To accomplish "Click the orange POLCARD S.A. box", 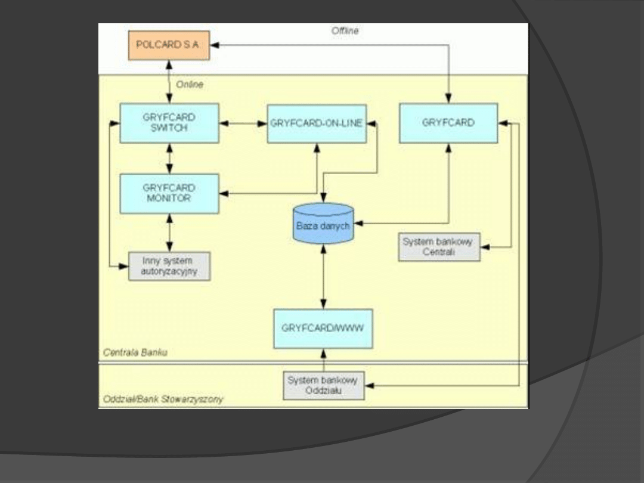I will pos(169,45).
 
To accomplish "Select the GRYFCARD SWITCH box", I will pos(169,123).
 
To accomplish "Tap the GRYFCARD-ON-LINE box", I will pos(317,123).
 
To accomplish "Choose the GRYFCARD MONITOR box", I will pos(169,193).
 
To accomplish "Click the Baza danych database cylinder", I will pos(323,224).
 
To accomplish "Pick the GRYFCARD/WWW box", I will pos(323,328).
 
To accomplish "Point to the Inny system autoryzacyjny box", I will pos(169,266).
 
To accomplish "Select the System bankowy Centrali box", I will pos(439,247).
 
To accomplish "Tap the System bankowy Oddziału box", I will pos(323,385).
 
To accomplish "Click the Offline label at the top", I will pos(345,30).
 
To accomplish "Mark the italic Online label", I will pos(190,85).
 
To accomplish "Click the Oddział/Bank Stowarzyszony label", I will pos(163,400).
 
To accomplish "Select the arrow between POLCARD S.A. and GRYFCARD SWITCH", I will pos(169,81).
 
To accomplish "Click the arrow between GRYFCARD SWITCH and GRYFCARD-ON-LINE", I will pos(243,123).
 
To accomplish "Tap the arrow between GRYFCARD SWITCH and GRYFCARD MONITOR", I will pos(169,158).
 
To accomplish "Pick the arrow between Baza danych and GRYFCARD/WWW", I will pos(323,275).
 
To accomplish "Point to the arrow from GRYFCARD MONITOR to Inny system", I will pos(169,233).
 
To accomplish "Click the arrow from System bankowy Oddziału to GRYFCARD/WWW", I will pos(323,360).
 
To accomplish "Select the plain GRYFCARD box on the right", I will pos(448,123).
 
